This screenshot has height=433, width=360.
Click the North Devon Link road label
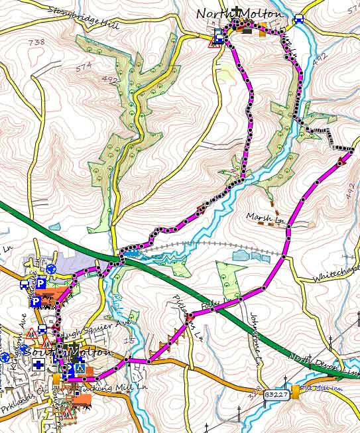click(322, 365)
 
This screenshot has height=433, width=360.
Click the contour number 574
click(83, 66)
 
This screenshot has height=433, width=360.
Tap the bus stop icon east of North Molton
click(298, 19)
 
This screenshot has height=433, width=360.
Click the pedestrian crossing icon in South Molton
click(80, 367)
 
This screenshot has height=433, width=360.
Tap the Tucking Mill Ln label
click(105, 387)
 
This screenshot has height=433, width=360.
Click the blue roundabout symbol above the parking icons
click(50, 269)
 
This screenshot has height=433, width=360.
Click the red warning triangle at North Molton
click(215, 44)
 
